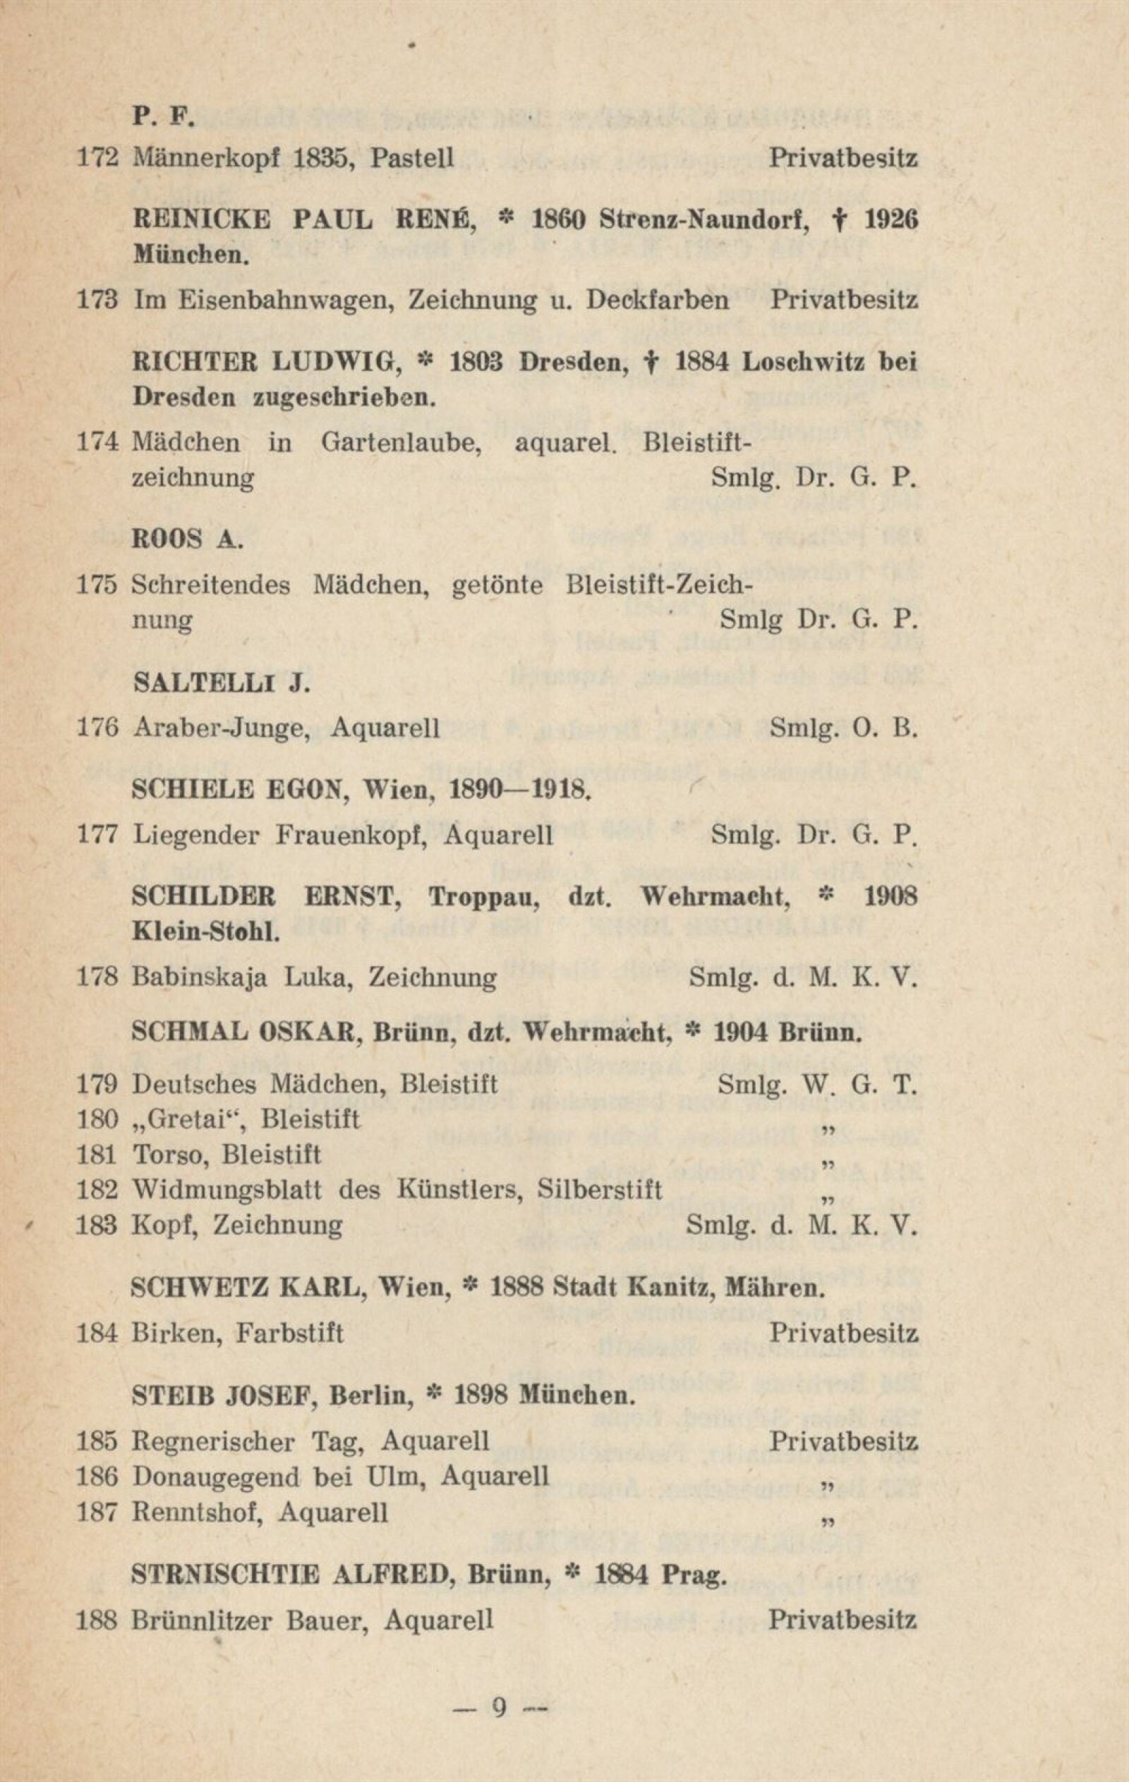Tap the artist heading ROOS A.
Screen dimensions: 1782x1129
pos(186,540)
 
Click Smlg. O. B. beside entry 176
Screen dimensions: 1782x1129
pos(843,729)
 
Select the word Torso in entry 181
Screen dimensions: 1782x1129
pos(167,1154)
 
